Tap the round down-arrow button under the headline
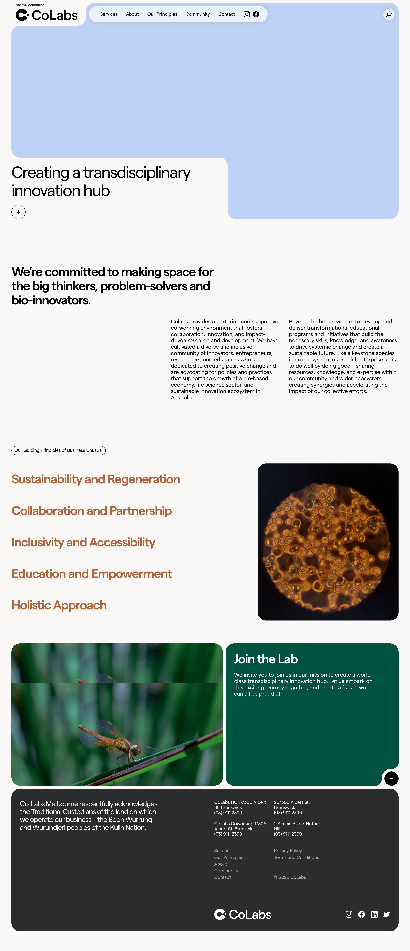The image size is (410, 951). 19,212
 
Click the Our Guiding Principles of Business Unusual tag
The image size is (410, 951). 58,450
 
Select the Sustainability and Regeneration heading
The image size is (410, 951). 96,479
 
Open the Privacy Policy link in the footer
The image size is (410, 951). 288,851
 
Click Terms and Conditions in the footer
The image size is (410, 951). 296,857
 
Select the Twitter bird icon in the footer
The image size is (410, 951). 386,914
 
